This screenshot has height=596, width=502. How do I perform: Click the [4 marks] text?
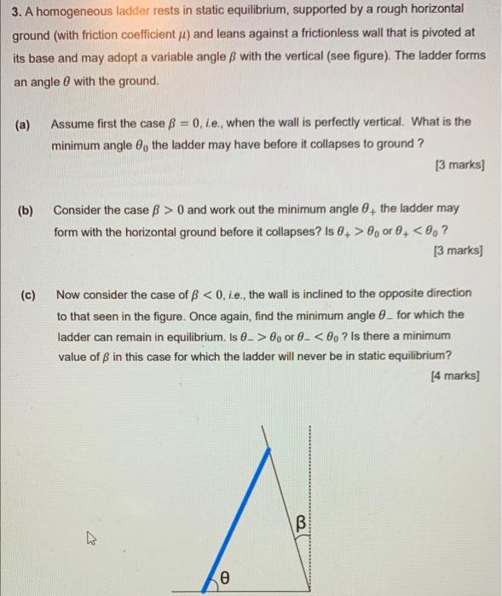coord(454,375)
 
